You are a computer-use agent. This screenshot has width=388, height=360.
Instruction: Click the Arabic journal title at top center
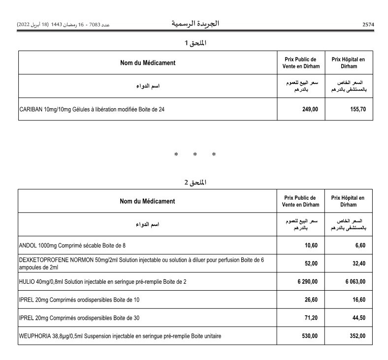(195, 24)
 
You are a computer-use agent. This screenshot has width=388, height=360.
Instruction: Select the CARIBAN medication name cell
(89, 109)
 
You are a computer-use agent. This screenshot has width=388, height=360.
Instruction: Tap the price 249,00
(310, 109)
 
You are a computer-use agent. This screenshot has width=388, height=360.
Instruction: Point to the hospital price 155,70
(356, 109)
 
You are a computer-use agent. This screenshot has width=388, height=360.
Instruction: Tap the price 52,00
(312, 263)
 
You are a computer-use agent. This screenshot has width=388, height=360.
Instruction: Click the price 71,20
(312, 318)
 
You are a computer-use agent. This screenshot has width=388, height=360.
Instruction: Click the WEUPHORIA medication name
(120, 336)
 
